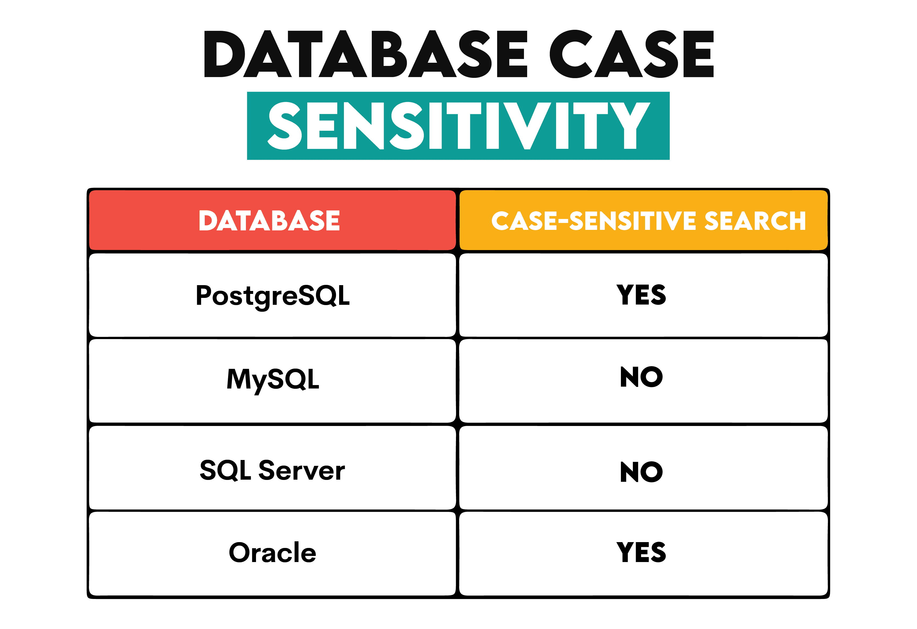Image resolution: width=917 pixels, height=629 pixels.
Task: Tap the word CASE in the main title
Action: click(631, 54)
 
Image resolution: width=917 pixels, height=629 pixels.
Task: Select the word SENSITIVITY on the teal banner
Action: click(458, 126)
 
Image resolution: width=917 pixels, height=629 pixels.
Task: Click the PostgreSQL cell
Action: click(272, 295)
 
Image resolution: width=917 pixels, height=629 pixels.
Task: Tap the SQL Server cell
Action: click(272, 470)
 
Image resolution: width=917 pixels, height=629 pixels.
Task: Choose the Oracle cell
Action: click(272, 552)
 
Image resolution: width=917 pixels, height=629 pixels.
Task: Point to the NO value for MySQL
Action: click(641, 377)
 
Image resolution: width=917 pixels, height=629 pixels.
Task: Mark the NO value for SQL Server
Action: click(641, 472)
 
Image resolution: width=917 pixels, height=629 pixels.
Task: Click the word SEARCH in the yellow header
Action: click(755, 220)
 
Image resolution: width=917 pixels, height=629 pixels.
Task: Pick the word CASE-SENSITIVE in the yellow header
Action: click(594, 220)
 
